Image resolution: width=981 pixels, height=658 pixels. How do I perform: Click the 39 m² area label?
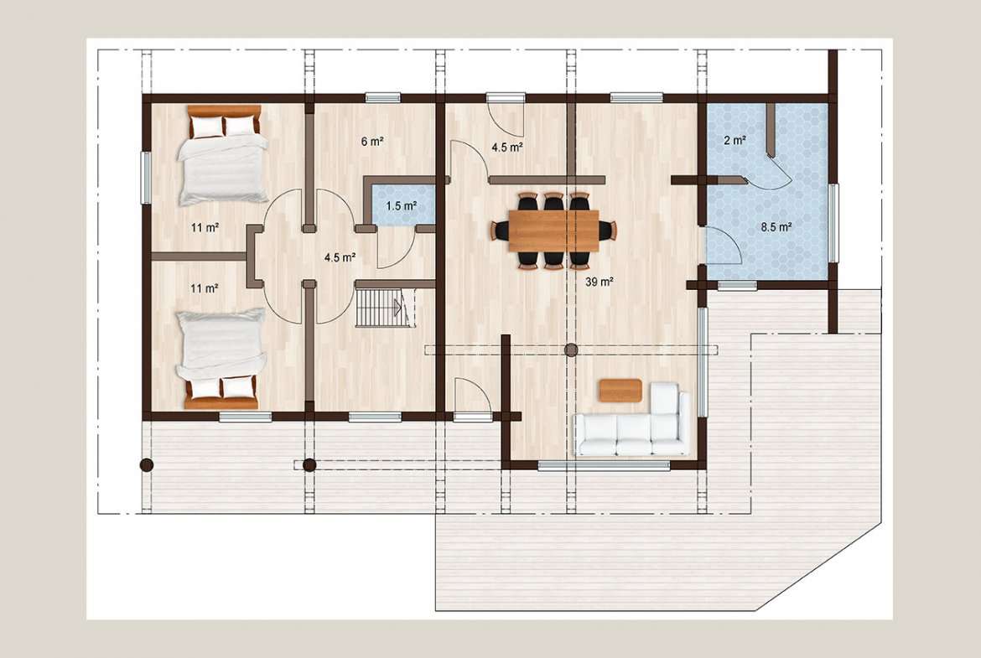click(x=599, y=282)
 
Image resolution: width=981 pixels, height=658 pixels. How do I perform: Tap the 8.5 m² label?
click(x=776, y=227)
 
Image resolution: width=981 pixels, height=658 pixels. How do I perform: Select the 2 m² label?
click(x=734, y=141)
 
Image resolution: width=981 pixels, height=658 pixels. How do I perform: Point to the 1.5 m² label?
click(x=401, y=205)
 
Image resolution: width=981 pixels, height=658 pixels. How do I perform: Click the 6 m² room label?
click(x=372, y=142)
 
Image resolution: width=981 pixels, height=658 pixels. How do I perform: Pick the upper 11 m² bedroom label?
click(x=205, y=228)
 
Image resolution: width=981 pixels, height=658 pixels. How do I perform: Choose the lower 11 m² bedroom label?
click(x=205, y=288)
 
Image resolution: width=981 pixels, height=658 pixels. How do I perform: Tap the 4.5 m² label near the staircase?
click(x=340, y=257)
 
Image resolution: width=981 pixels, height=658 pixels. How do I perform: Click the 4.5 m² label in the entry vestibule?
click(x=506, y=148)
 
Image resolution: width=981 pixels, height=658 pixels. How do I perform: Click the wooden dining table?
click(x=554, y=231)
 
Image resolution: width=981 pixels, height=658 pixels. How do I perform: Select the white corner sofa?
click(x=633, y=420)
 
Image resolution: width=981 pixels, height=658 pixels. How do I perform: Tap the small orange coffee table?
click(x=620, y=391)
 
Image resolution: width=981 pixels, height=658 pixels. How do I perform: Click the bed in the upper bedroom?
click(x=223, y=155)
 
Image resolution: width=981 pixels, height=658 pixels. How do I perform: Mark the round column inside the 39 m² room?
click(x=571, y=350)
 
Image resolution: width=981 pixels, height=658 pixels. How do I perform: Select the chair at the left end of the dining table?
click(x=501, y=231)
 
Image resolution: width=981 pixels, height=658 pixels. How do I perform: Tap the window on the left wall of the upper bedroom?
click(x=146, y=178)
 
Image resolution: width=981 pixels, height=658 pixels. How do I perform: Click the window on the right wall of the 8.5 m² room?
click(x=833, y=223)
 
